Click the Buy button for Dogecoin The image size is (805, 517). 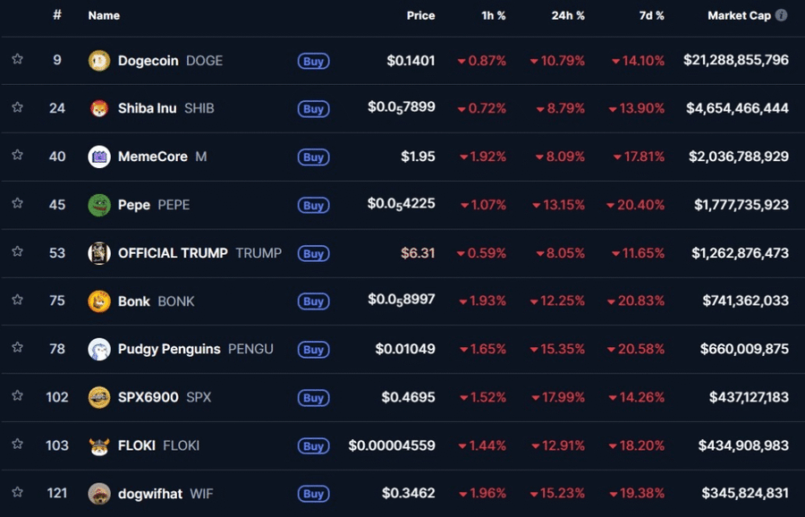point(313,61)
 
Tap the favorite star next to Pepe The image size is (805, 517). point(17,204)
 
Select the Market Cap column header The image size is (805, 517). point(739,15)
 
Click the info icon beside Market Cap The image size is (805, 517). point(782,15)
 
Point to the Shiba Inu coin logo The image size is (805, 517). point(99,108)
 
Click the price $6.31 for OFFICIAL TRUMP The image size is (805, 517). point(418,253)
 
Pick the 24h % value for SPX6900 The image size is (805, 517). point(558,397)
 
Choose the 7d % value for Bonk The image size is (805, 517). point(638,301)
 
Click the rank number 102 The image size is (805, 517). point(57,397)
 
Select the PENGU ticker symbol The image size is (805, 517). point(250,349)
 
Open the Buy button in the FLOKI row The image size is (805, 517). point(313,445)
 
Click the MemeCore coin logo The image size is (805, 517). point(99,157)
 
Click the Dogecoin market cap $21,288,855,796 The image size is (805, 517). point(736,61)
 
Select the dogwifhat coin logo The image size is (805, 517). point(99,494)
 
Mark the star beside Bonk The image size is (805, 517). point(17,301)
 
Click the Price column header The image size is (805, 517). point(420,15)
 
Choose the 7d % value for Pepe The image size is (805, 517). point(636,205)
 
